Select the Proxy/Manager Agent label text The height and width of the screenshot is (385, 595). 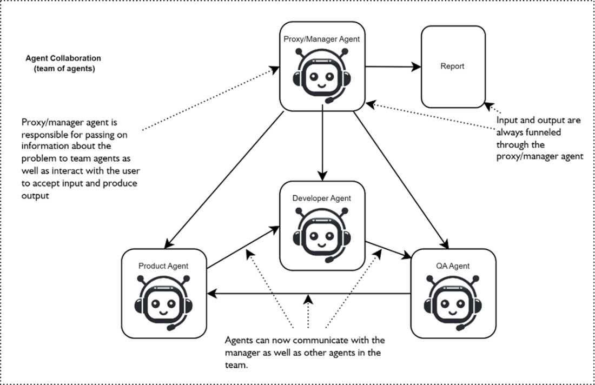tap(321, 39)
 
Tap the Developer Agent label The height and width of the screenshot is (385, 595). tap(321, 198)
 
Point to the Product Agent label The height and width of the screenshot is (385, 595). tap(163, 265)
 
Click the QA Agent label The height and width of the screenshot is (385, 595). tap(452, 265)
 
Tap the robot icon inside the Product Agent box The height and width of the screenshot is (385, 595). tap(164, 300)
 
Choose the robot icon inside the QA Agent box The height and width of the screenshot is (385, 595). tap(453, 300)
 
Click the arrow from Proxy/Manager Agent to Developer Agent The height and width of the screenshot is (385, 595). tap(322, 143)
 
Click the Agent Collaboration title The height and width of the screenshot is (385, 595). tap(63, 63)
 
